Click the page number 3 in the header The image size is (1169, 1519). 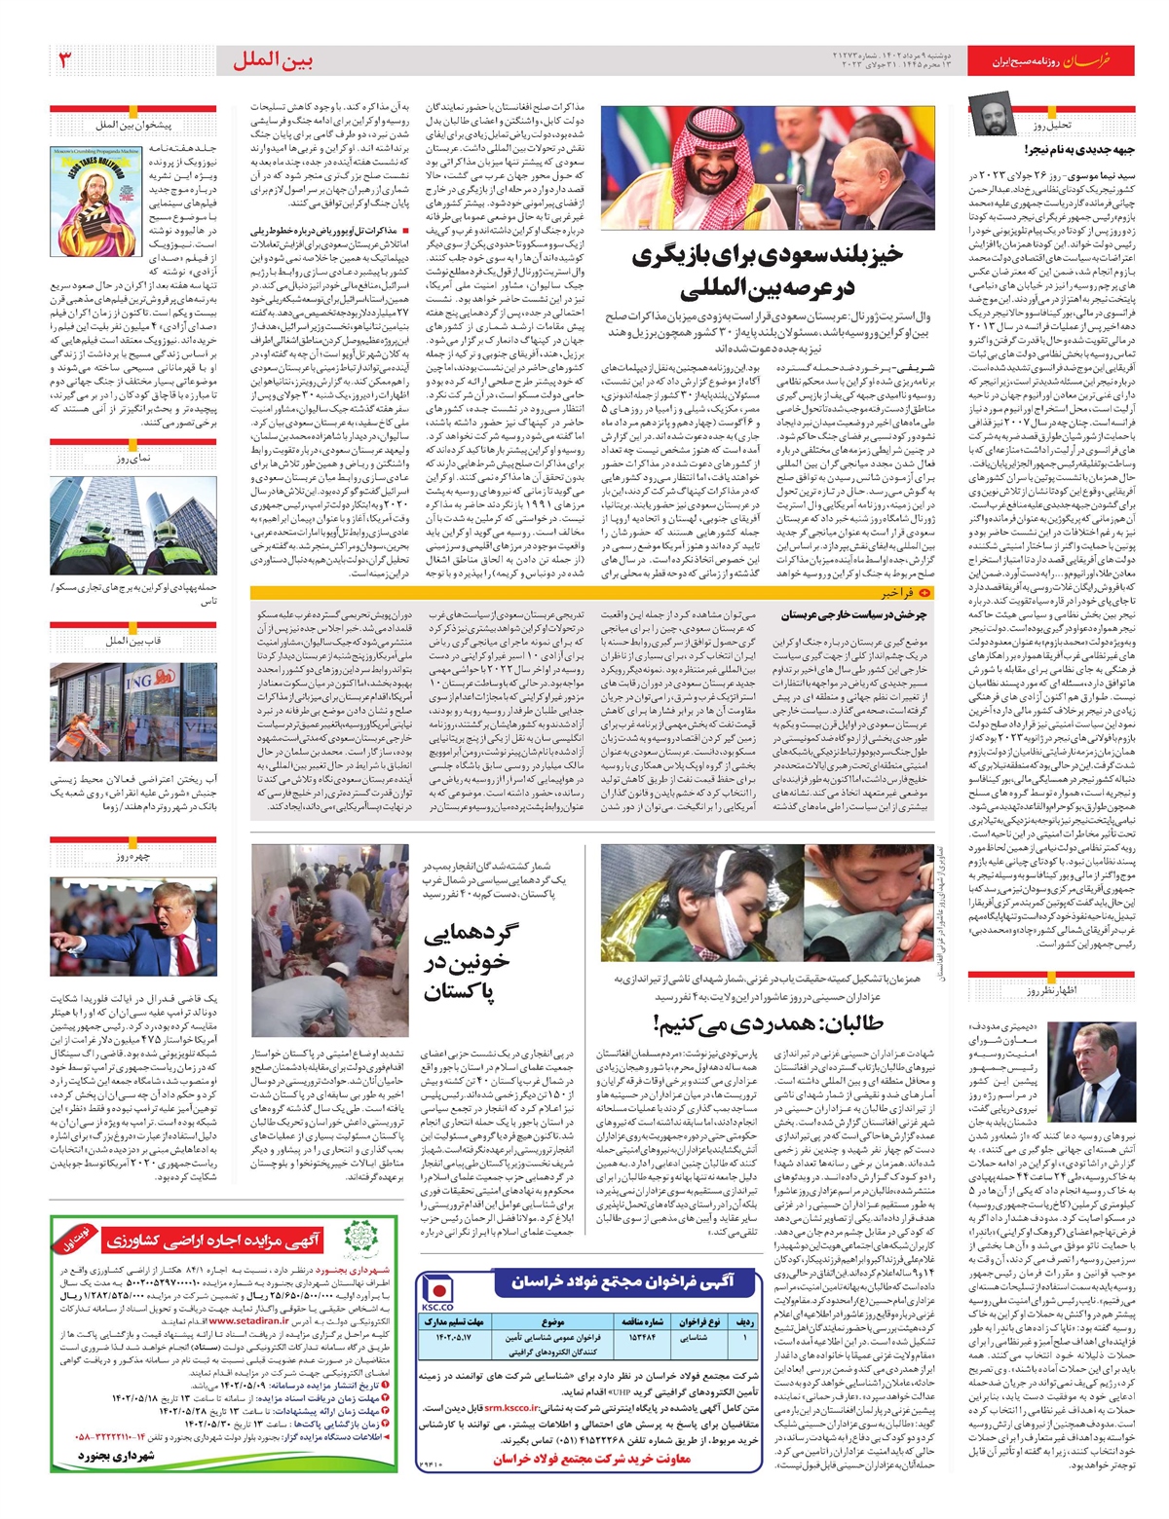65,60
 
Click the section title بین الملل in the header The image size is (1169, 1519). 273,61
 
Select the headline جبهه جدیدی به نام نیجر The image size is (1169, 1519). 1079,149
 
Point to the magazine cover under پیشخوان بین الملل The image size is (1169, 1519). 94,202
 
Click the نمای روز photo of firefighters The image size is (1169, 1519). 133,527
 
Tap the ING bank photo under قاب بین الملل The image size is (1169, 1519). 133,712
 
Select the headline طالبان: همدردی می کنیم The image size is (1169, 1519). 769,1023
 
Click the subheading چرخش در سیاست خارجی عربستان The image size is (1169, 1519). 853,615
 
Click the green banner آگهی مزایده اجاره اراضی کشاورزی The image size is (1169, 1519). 210,1241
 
